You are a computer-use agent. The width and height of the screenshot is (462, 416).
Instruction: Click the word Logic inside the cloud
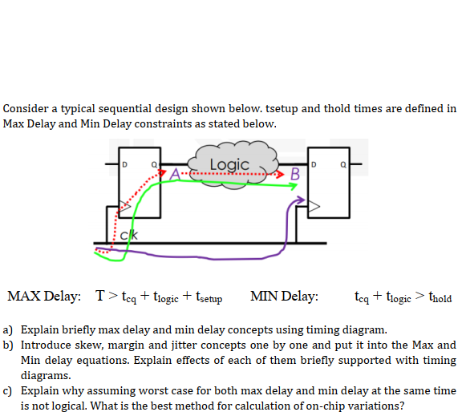click(229, 164)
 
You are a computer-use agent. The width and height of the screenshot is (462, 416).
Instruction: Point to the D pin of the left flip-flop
click(125, 166)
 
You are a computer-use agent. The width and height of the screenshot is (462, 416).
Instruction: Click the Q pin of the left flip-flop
click(152, 166)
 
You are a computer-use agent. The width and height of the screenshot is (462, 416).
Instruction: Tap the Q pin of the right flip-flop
click(342, 166)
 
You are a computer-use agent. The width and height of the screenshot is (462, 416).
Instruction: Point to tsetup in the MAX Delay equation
click(208, 299)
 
